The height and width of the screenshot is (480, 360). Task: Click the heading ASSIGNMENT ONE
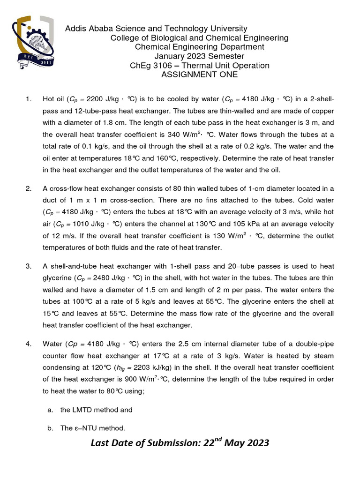tap(199, 75)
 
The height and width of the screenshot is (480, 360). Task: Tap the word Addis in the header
tap(75, 29)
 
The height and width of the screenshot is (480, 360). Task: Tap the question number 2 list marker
tap(29, 189)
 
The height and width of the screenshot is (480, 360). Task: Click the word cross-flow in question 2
tap(65, 189)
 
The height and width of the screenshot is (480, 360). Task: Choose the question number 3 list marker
tap(29, 266)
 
